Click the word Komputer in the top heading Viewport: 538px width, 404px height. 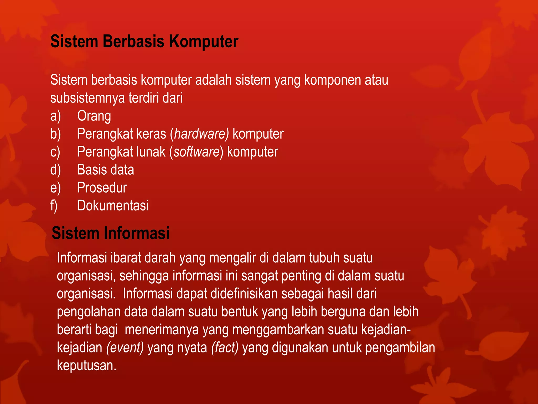tap(204, 42)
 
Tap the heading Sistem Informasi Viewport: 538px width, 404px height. tap(111, 233)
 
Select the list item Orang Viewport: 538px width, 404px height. tap(94, 116)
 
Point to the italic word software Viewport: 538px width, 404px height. tap(196, 152)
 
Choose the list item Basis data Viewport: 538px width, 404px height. tap(106, 170)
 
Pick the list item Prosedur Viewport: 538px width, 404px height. tap(102, 188)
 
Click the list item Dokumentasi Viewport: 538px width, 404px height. tap(113, 205)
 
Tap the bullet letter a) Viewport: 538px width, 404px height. tap(55, 116)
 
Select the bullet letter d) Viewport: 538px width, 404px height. tap(55, 170)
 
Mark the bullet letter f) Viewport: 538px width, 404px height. tap(54, 205)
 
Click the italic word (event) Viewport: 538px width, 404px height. tap(125, 347)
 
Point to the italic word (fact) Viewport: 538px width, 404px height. tap(225, 347)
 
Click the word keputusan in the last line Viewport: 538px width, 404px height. tap(86, 365)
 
